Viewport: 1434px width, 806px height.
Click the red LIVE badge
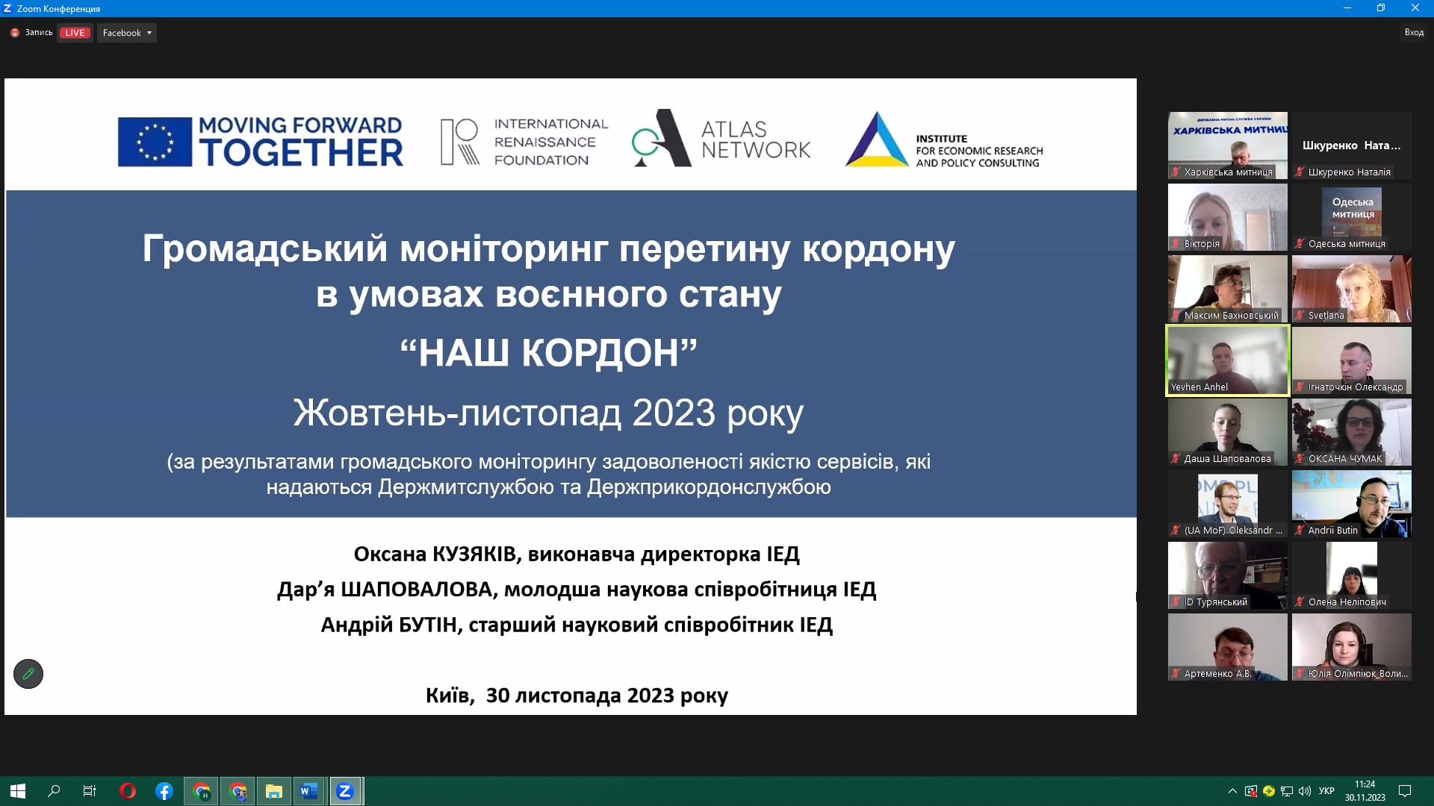[x=75, y=33]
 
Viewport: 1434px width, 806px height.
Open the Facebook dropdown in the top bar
[x=127, y=33]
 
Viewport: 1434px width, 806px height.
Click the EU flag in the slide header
[x=155, y=142]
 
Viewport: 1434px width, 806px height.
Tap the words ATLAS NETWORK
[x=755, y=140]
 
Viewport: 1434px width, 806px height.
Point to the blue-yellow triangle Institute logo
[x=877, y=140]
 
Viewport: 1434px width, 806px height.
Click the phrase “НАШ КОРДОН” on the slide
[x=548, y=352]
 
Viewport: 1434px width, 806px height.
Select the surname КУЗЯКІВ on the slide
[x=474, y=554]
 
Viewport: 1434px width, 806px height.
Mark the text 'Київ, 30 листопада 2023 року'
[x=577, y=696]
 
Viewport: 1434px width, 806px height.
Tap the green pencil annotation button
[x=28, y=674]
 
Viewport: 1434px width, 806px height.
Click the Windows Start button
[x=18, y=791]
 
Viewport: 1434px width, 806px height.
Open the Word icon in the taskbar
[x=308, y=791]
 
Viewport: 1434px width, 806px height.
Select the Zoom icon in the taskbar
[x=344, y=791]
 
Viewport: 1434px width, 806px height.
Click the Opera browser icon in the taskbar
[x=127, y=791]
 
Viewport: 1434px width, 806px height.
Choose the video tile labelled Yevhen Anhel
[x=1228, y=360]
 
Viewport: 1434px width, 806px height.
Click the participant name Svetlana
[x=1326, y=316]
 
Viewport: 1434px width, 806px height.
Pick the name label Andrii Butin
[x=1332, y=531]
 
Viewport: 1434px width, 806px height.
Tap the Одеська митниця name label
[x=1347, y=244]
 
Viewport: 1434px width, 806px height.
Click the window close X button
[x=1415, y=8]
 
